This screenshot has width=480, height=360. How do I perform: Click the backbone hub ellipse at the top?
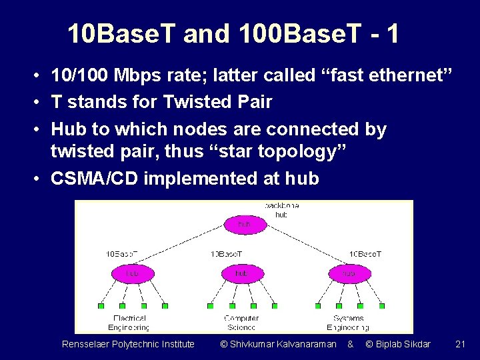tap(243, 225)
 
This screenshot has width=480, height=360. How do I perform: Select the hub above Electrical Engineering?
tap(132, 273)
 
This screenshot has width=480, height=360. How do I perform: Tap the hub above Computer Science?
tap(241, 273)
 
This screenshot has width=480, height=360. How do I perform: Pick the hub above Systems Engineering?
tap(349, 273)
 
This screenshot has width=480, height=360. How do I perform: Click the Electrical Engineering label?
tap(129, 323)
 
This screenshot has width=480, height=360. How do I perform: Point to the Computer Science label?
tap(241, 323)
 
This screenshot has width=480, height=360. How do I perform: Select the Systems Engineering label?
tap(348, 323)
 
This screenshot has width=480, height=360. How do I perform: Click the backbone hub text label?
tap(281, 210)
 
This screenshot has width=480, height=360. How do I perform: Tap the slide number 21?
tap(460, 344)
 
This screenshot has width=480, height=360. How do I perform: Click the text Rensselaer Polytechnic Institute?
tap(128, 344)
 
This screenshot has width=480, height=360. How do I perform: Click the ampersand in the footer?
tap(351, 344)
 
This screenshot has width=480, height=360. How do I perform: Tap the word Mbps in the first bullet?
tap(141, 75)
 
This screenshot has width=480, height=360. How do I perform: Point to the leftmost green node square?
tap(101, 306)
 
